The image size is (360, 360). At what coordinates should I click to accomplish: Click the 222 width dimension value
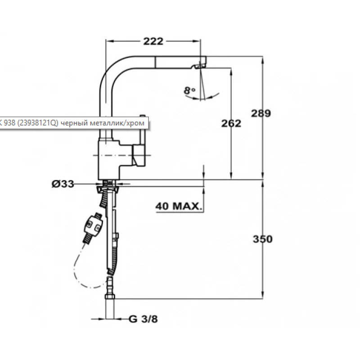point(153,41)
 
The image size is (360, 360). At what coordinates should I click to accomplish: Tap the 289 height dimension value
point(261,113)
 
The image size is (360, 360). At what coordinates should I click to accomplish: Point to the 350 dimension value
point(261,239)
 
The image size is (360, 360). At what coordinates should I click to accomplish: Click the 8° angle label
point(189,90)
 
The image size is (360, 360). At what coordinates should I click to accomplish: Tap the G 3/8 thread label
point(143,319)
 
